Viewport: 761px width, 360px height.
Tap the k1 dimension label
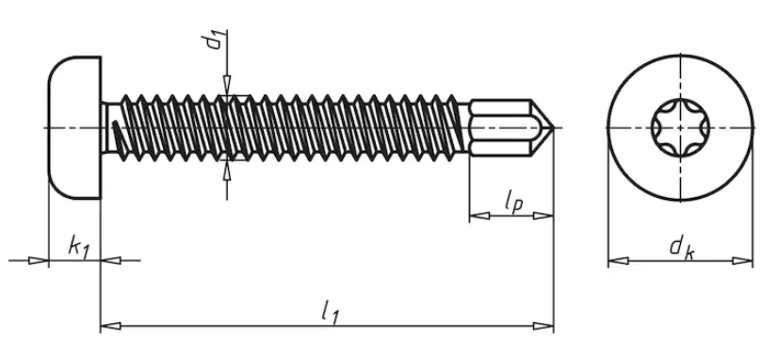79,248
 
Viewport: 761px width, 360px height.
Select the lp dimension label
513,202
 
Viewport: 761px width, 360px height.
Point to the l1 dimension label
330,312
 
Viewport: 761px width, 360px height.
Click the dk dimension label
682,248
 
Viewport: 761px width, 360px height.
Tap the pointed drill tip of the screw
552,128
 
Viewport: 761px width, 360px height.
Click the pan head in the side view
74,128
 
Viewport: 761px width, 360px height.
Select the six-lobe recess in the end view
680,128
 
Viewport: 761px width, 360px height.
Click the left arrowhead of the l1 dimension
110,326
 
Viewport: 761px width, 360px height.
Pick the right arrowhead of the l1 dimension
543,326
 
